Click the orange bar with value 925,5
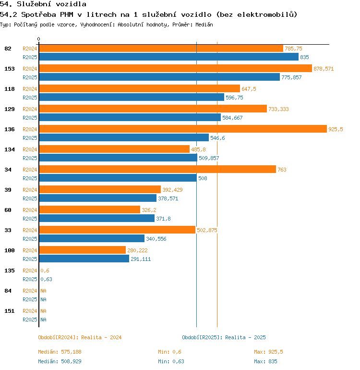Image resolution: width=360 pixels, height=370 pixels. (182, 129)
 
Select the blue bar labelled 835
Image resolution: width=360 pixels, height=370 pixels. (168, 57)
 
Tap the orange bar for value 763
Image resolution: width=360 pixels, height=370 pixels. (157, 169)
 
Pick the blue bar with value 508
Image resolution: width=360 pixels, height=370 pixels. (118, 178)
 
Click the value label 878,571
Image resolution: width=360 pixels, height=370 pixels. (324, 69)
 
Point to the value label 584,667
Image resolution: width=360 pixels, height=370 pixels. (232, 118)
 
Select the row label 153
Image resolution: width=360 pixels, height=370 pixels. (9, 69)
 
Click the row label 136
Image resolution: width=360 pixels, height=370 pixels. (9, 129)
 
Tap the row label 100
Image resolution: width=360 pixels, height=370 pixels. (9, 250)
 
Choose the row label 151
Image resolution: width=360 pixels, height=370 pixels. (9, 311)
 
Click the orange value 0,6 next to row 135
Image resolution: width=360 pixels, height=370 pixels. (45, 271)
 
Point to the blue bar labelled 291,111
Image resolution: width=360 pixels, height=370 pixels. (84, 259)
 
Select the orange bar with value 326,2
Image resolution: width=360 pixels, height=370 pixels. (89, 210)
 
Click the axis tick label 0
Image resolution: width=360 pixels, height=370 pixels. (39, 39)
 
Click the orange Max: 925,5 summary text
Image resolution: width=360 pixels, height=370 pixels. (268, 352)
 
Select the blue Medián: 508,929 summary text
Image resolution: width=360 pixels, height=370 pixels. (59, 361)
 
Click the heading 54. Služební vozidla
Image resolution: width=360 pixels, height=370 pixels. (43, 4)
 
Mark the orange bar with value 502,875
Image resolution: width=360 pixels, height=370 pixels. (117, 230)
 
